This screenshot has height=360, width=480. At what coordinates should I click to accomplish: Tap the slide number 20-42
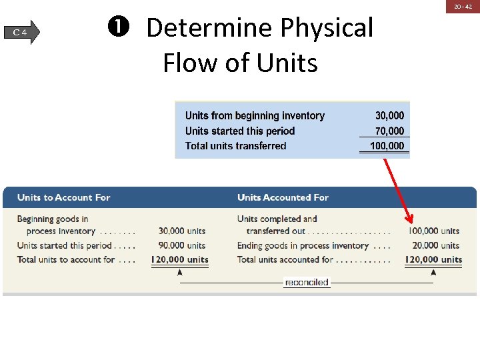click(x=463, y=6)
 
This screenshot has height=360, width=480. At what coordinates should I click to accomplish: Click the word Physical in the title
click(x=326, y=28)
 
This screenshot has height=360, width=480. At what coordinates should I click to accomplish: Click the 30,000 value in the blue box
click(x=389, y=116)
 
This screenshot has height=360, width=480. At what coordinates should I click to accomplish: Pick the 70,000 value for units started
click(x=389, y=131)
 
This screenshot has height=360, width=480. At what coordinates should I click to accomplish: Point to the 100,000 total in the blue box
click(x=387, y=146)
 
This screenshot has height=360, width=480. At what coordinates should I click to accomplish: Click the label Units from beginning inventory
click(x=255, y=116)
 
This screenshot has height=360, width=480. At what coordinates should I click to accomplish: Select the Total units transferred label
click(x=235, y=146)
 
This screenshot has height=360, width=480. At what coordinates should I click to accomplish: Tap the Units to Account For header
click(x=63, y=197)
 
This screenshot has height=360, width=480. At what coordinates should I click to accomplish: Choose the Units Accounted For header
click(x=283, y=197)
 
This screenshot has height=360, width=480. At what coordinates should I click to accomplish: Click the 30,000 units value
click(x=182, y=231)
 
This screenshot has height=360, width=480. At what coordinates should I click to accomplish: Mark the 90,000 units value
click(x=182, y=245)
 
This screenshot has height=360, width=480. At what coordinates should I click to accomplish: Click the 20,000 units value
click(x=435, y=245)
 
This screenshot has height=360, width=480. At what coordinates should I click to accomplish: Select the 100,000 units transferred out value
click(x=433, y=231)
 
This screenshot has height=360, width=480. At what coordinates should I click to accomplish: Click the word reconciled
click(x=307, y=283)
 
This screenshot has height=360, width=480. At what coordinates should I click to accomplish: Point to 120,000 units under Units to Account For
click(x=180, y=259)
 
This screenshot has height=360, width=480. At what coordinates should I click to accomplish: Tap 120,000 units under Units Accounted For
click(x=433, y=259)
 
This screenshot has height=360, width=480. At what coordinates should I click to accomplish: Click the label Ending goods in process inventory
click(x=303, y=245)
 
